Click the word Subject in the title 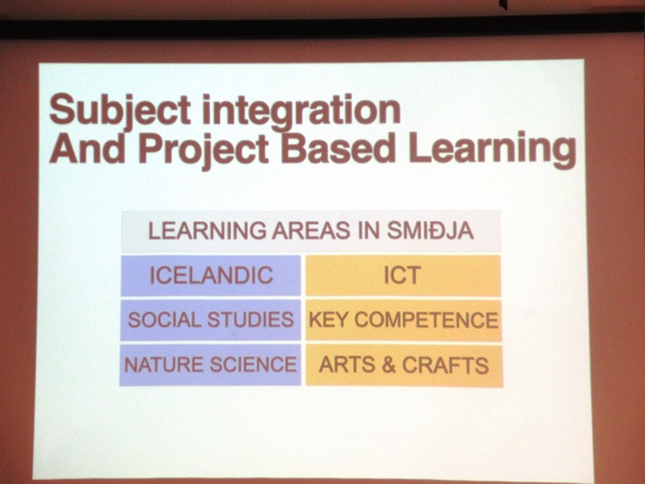point(119,110)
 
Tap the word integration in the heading point(302,111)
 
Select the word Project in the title point(204,149)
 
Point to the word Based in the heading point(338,148)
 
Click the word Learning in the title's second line point(492,150)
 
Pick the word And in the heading point(87,148)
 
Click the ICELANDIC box point(210,275)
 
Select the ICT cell point(403,276)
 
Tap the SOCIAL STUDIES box point(210,320)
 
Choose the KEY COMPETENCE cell point(404,320)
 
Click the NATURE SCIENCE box point(210,365)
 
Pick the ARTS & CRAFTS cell point(404,366)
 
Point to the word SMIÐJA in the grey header point(431,231)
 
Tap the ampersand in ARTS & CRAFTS point(389,365)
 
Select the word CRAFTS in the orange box point(446,365)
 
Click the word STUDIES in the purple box point(251,319)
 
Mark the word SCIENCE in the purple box point(253,365)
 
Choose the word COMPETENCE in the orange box point(427,320)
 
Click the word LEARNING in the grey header point(207,231)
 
